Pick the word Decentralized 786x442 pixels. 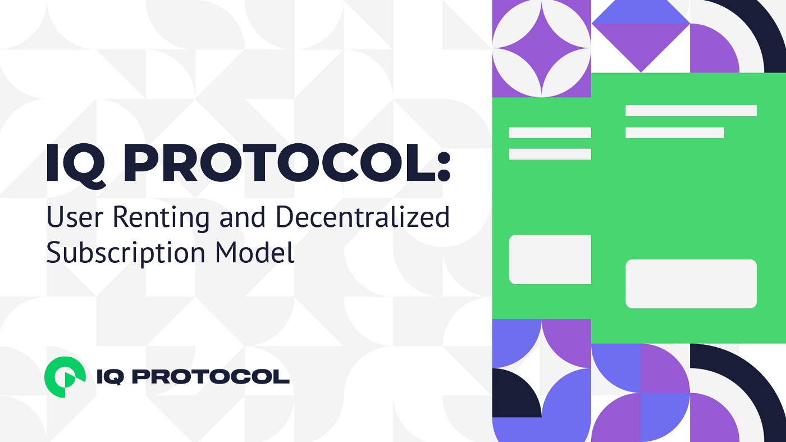363,217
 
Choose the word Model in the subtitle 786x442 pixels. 255,252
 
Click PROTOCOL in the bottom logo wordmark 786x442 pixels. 212,377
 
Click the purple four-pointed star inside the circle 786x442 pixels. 542,48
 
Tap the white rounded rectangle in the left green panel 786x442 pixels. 550,259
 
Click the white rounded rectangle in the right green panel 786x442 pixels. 691,284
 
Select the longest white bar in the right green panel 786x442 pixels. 691,111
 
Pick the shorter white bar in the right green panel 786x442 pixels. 675,133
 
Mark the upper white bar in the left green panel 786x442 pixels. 550,133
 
